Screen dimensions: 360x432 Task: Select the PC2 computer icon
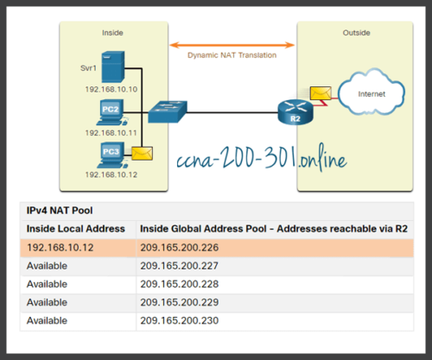click(x=111, y=112)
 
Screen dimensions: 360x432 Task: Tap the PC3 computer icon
click(x=111, y=155)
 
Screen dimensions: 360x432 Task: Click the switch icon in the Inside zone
click(x=165, y=111)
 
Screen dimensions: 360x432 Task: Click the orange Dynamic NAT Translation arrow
click(x=232, y=43)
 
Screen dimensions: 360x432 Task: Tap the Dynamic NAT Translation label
click(x=232, y=55)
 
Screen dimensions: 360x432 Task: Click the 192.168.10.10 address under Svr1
click(x=111, y=89)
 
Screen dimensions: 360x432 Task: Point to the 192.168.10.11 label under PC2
click(x=111, y=133)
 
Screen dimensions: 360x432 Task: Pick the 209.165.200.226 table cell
click(x=180, y=248)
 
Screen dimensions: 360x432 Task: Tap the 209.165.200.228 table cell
click(x=180, y=284)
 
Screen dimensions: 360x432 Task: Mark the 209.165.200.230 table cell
click(x=180, y=320)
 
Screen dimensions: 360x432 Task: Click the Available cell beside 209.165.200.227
click(x=48, y=266)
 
